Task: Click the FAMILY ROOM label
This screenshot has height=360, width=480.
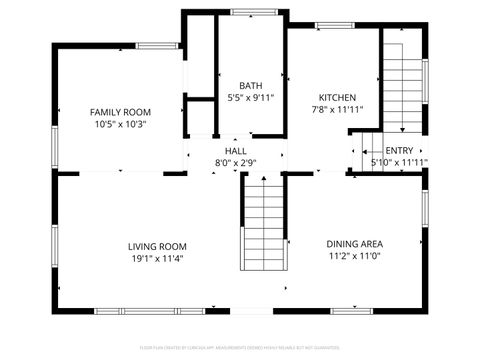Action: tap(120, 112)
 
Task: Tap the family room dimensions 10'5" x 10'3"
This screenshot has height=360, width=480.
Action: tap(120, 125)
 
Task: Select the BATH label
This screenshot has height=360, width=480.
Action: tap(250, 85)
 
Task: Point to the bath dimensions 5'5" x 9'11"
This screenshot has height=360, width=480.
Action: tap(250, 98)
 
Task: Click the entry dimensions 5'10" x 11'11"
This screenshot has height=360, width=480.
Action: tap(399, 162)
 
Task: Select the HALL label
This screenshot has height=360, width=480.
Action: tap(236, 150)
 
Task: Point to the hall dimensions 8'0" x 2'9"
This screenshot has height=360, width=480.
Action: tap(236, 162)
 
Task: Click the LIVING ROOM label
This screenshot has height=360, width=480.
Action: tap(157, 246)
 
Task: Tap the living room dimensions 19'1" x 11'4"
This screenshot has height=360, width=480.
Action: tap(157, 259)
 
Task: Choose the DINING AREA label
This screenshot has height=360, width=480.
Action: tap(355, 243)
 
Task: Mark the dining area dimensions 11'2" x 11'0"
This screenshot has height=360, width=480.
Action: tap(355, 256)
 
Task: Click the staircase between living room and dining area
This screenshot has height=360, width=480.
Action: tap(264, 222)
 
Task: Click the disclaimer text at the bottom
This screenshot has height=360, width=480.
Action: tap(240, 349)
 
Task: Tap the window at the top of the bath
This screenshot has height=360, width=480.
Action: tap(249, 12)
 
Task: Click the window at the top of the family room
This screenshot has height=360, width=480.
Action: tap(158, 45)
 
